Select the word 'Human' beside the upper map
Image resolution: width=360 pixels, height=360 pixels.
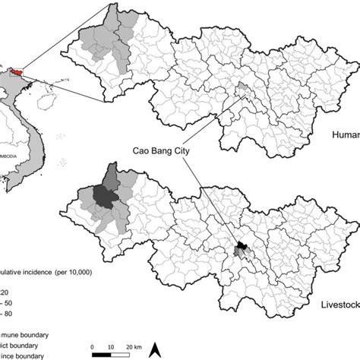[x=344, y=136]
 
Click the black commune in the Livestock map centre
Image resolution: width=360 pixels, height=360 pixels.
[x=242, y=245]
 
